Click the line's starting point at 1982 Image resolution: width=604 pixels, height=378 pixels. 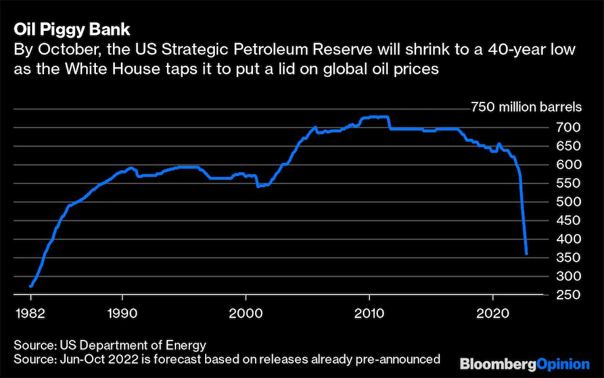pos(31,286)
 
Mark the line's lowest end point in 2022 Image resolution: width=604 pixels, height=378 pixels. pos(526,253)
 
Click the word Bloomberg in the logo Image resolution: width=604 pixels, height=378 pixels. pos(499,363)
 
